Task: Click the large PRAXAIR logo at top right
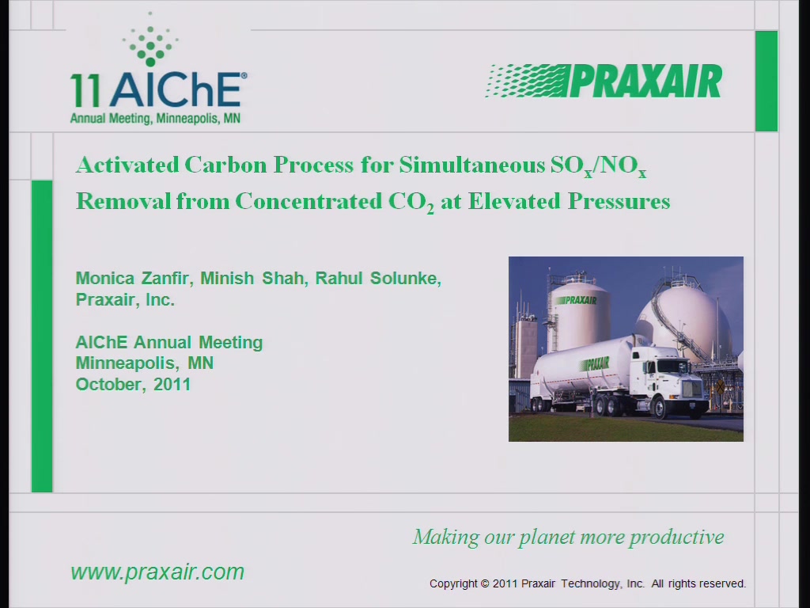(x=604, y=82)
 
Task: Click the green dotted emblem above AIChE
(x=150, y=40)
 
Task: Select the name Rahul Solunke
(x=378, y=278)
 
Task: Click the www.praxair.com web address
(x=157, y=572)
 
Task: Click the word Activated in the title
(x=127, y=165)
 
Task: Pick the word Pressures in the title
(x=619, y=201)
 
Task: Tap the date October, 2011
(x=133, y=385)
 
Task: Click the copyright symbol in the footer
(x=485, y=583)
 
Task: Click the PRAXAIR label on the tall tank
(x=577, y=300)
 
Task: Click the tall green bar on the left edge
(x=42, y=336)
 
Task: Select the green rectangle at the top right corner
(x=766, y=82)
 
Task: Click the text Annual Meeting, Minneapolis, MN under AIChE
(x=155, y=119)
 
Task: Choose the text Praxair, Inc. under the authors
(x=125, y=299)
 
